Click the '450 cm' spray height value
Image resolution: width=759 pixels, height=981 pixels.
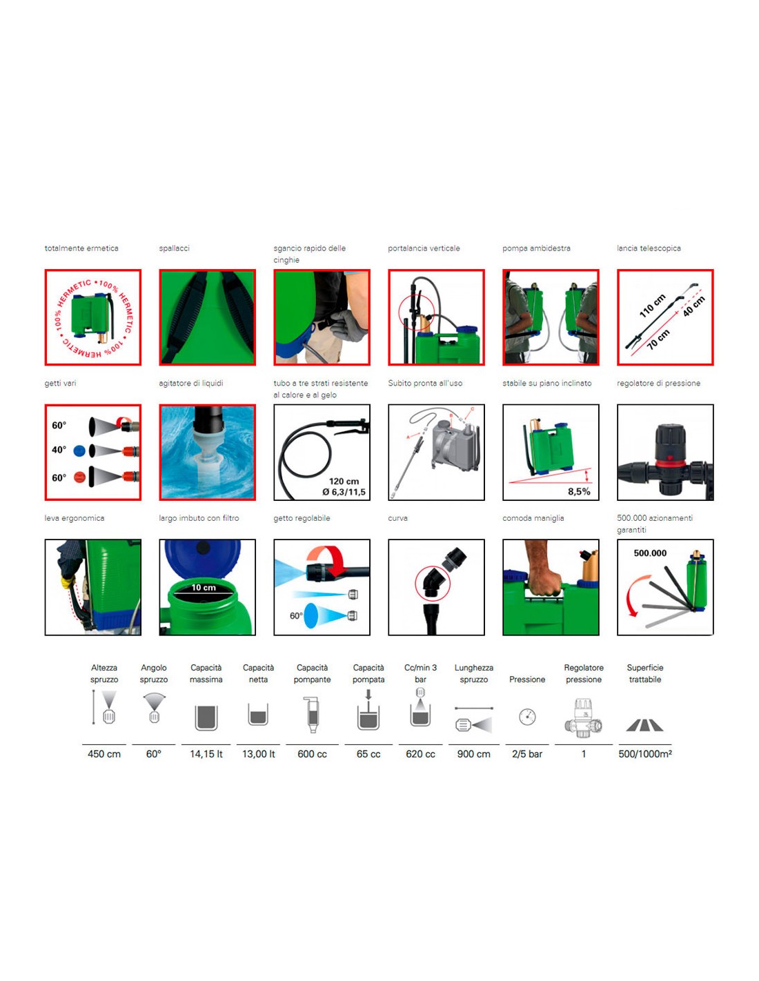(x=104, y=754)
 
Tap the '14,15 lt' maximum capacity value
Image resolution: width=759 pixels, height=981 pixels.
(x=206, y=754)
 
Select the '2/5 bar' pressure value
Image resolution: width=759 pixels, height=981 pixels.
(x=527, y=754)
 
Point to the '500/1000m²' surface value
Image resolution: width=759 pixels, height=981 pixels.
(x=644, y=754)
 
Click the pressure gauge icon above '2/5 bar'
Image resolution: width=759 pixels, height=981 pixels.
(x=527, y=717)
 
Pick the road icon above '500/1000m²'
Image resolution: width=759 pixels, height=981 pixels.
(x=644, y=725)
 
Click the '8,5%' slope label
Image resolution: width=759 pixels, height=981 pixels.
(x=579, y=492)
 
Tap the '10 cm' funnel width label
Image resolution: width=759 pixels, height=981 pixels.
(x=203, y=587)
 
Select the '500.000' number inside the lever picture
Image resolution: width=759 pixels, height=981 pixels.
(x=650, y=553)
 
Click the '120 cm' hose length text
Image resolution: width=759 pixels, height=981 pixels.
(x=344, y=482)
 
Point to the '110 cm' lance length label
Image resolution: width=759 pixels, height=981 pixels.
(x=653, y=306)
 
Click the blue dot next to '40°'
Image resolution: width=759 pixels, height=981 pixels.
(x=79, y=450)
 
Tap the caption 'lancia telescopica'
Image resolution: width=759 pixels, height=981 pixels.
(x=649, y=248)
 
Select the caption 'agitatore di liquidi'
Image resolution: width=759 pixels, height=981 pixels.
(x=190, y=384)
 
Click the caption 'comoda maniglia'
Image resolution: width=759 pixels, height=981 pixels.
(x=533, y=518)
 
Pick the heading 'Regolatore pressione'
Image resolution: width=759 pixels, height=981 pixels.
(x=583, y=673)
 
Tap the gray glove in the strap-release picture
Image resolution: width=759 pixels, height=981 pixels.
(x=348, y=324)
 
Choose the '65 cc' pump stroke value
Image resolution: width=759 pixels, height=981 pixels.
(x=368, y=754)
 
